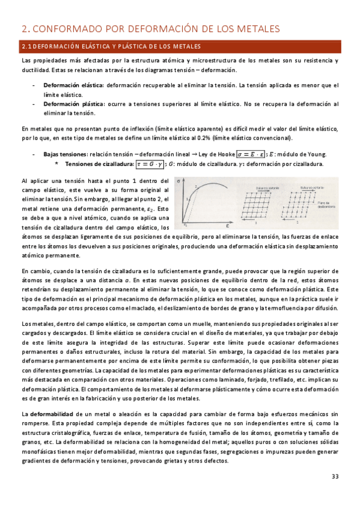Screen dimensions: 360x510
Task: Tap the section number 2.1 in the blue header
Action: pyautogui.click(x=26, y=47)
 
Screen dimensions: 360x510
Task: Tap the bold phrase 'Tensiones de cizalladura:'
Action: pyautogui.click(x=99, y=164)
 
